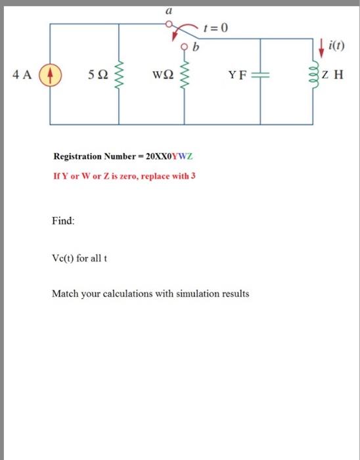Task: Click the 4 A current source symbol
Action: [51, 74]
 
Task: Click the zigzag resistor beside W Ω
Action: [185, 74]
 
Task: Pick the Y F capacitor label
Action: [236, 74]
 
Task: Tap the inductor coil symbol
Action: [311, 74]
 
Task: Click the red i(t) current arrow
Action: [321, 45]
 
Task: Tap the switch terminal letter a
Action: [169, 11]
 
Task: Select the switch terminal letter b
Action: [195, 47]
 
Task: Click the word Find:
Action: [63, 221]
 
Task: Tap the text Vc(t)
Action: [63, 257]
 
